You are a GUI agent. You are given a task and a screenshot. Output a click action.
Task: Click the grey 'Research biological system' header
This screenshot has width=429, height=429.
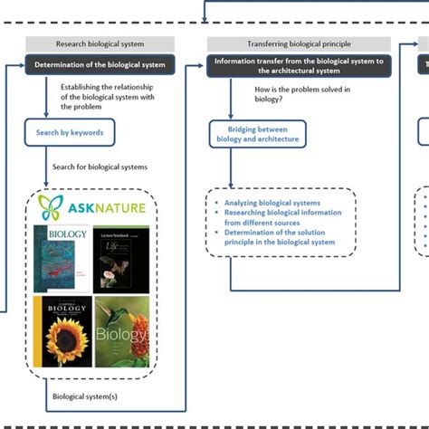[89, 43]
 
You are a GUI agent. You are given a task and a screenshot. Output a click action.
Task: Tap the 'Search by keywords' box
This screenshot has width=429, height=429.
[71, 132]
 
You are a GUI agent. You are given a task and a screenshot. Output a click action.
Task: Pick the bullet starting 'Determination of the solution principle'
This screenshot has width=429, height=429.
[280, 237]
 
